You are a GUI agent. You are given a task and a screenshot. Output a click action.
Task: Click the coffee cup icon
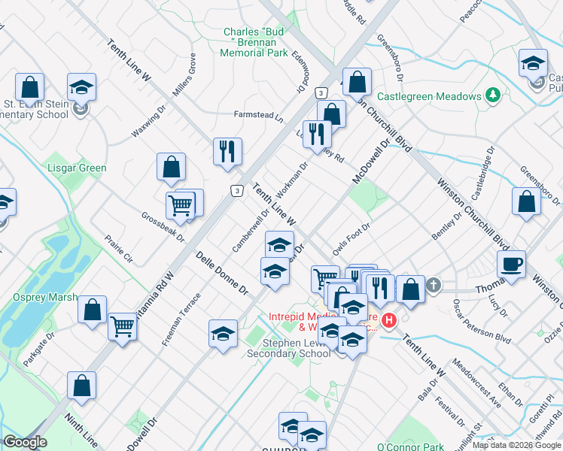511,264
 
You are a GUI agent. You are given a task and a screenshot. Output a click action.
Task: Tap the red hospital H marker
389,321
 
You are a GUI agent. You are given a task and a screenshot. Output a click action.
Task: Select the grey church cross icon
434,286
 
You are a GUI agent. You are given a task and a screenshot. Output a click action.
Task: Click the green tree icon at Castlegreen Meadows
493,95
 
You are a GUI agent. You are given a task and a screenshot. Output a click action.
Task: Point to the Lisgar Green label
77,168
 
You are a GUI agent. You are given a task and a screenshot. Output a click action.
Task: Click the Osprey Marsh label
45,298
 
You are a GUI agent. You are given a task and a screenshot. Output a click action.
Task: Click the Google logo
25,442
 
